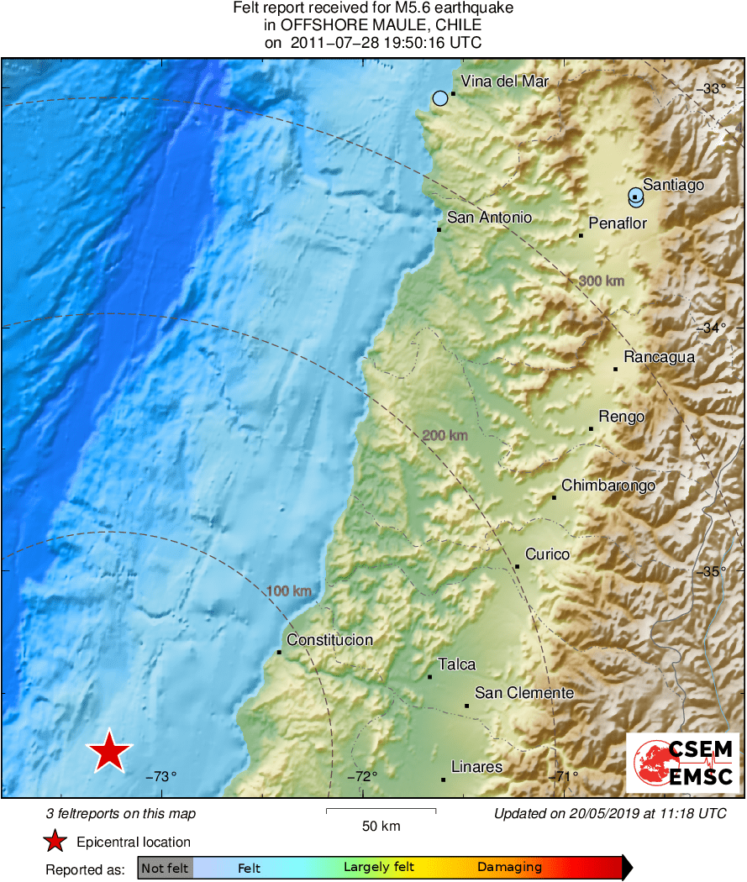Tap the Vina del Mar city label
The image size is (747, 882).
coord(505,81)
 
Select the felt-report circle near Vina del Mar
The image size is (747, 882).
coord(440,98)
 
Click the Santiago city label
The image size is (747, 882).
coord(672,185)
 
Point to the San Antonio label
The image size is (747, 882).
coord(489,218)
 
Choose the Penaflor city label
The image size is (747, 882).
coord(618,223)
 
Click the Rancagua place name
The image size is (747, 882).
coord(659,357)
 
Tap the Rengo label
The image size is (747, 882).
coord(621,417)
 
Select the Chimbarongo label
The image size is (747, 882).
coord(608,486)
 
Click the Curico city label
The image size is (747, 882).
coord(547,554)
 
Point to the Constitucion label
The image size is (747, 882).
coord(329,640)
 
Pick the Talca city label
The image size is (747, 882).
coord(456,664)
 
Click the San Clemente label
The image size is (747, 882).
coord(524,693)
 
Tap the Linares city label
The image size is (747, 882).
coord(476,767)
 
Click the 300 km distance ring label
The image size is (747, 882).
coord(602,281)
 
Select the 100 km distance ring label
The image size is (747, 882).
coord(289,591)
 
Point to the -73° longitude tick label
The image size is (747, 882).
coord(161,777)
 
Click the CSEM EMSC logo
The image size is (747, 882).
coord(683,762)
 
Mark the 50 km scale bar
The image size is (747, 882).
coord(381,811)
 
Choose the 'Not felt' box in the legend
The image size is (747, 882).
coord(165,868)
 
